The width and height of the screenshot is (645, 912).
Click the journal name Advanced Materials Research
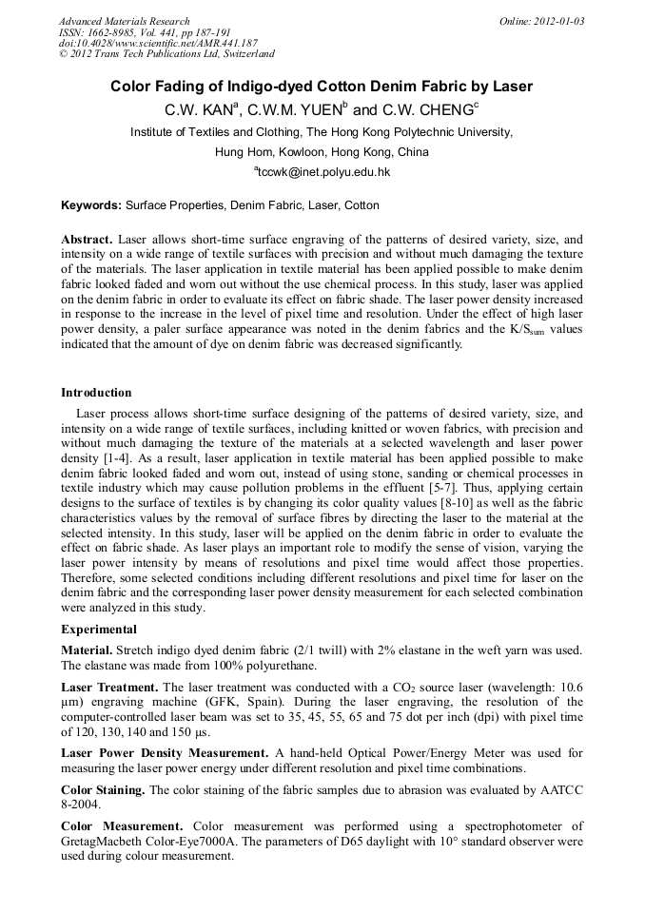click(x=125, y=21)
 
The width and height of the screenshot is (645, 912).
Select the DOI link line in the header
click(x=158, y=43)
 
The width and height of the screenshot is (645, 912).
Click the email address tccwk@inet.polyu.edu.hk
click(x=323, y=172)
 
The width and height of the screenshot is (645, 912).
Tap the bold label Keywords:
click(x=91, y=205)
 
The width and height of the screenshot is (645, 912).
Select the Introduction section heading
click(x=96, y=393)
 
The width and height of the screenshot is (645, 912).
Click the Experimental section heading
click(x=99, y=629)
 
